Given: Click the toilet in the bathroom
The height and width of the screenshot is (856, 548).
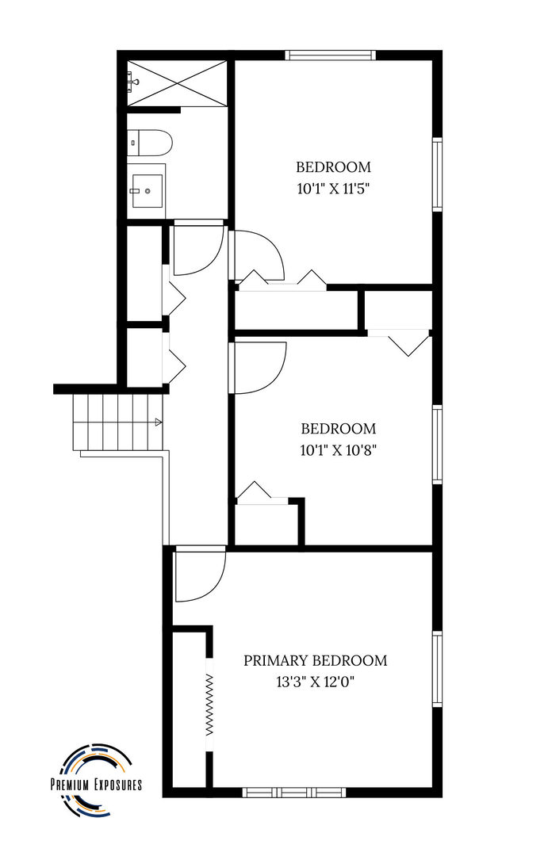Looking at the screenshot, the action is coord(149,143).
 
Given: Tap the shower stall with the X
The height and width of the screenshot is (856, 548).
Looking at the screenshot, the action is coord(177,83).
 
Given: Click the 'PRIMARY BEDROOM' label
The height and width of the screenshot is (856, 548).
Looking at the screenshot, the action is coord(316,660).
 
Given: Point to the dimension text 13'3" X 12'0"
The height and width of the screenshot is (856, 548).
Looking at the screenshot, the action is coord(316,682).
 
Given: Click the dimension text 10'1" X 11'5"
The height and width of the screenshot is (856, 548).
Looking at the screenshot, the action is coord(334,189).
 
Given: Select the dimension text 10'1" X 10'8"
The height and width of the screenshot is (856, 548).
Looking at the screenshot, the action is coord(339,450).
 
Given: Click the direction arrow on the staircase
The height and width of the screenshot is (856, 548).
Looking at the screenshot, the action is coord(158,422).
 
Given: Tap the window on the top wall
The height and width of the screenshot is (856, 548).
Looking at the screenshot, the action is coord(331,55).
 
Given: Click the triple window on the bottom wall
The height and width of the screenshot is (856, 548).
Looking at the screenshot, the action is coord(294,792).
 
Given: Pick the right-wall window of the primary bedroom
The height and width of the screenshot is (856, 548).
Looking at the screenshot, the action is coord(437,669).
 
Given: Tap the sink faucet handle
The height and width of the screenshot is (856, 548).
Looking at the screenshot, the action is coord(135,191).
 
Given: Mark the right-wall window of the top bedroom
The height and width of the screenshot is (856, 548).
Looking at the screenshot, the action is coord(437,174).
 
